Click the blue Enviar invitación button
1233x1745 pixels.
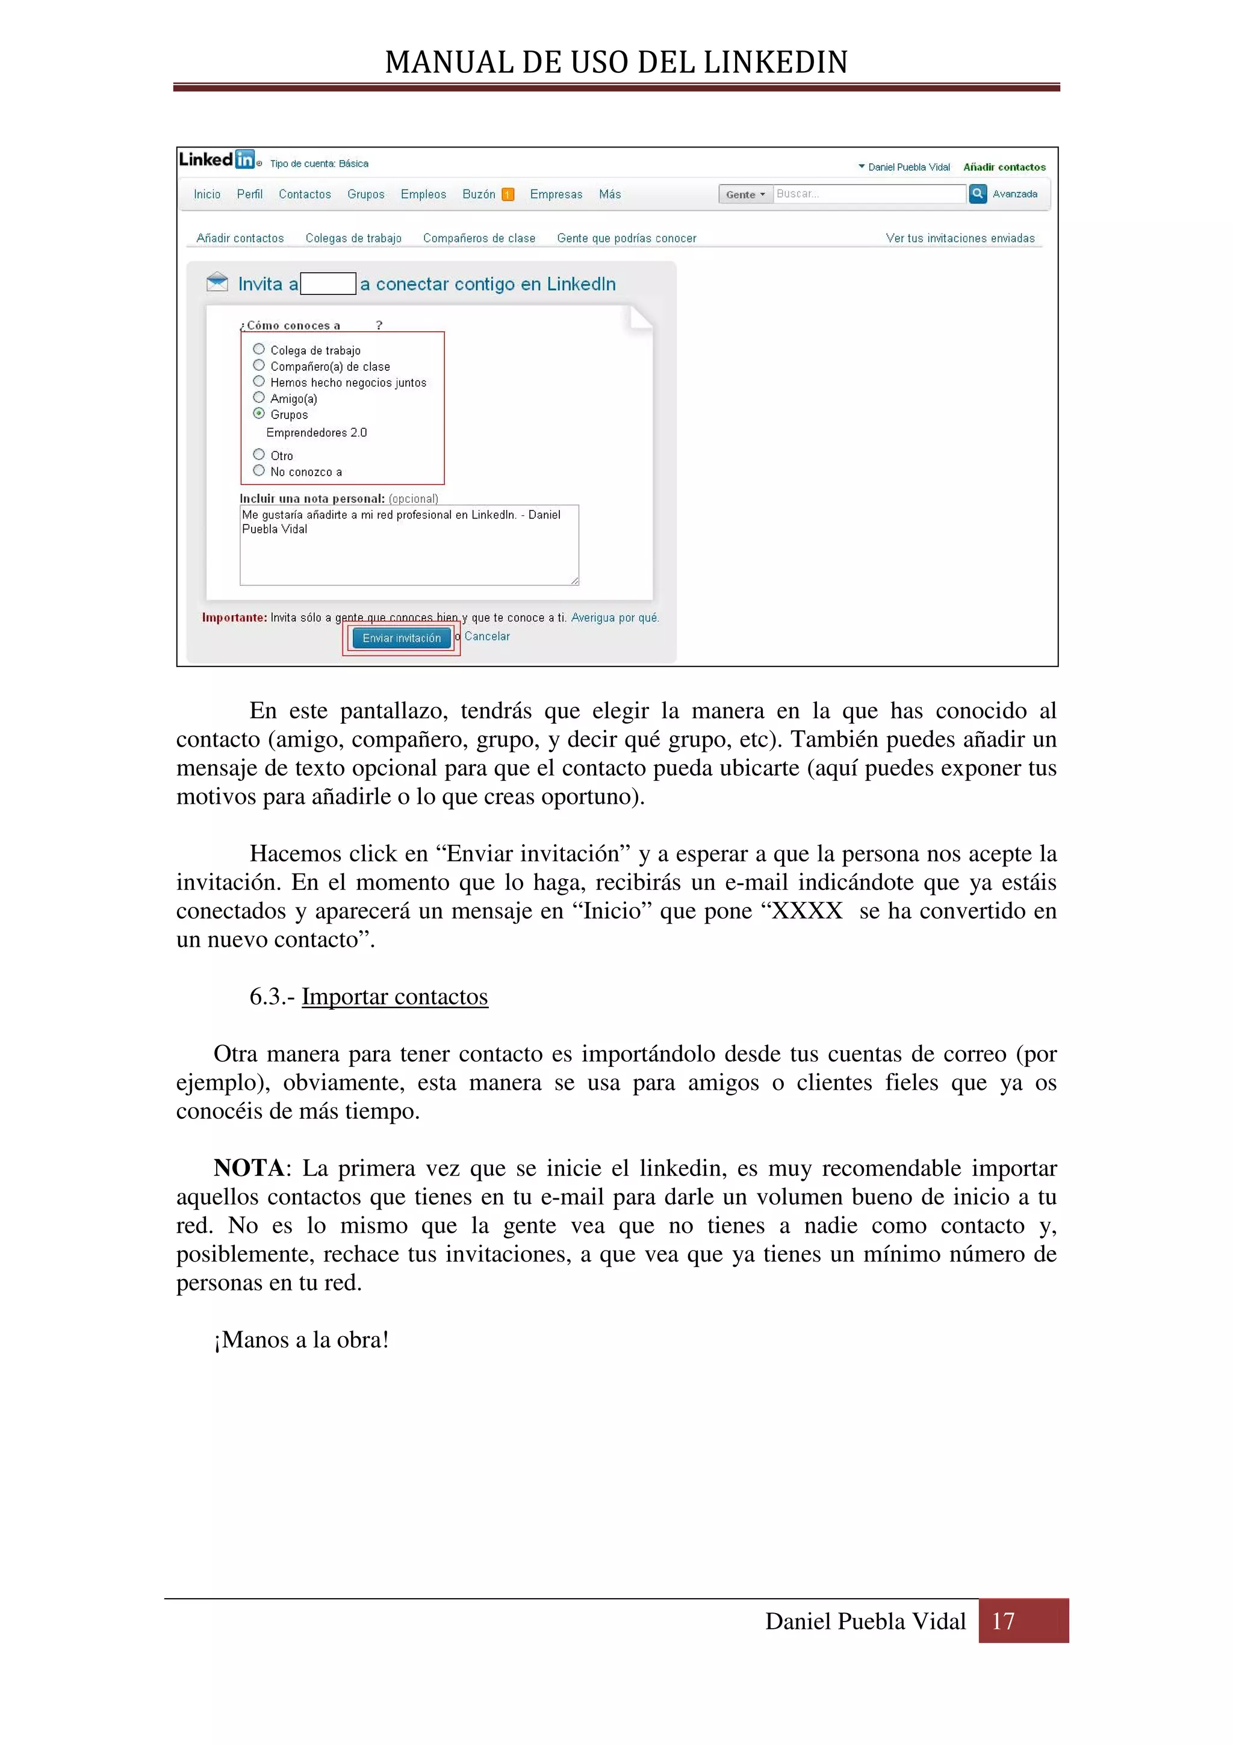(x=401, y=638)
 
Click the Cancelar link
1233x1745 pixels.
(x=487, y=636)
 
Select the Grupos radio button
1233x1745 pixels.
(x=259, y=414)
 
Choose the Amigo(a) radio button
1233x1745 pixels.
(x=259, y=397)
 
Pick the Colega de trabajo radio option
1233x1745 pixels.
(x=259, y=349)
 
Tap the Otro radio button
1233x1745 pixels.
(x=259, y=455)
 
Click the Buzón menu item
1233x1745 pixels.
(x=479, y=194)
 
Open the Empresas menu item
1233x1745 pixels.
(x=556, y=194)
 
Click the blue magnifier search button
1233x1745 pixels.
(x=978, y=194)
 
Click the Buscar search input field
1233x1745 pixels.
(x=869, y=194)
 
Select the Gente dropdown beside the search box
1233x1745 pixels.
(x=745, y=194)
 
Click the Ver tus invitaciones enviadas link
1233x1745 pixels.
(x=960, y=238)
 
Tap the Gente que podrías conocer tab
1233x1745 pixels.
(x=626, y=238)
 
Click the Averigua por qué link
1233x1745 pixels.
(x=615, y=618)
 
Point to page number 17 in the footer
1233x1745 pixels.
(x=1003, y=1621)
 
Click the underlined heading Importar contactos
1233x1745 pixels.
(x=394, y=997)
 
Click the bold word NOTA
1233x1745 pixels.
(x=249, y=1168)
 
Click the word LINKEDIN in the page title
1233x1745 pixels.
(x=775, y=63)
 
